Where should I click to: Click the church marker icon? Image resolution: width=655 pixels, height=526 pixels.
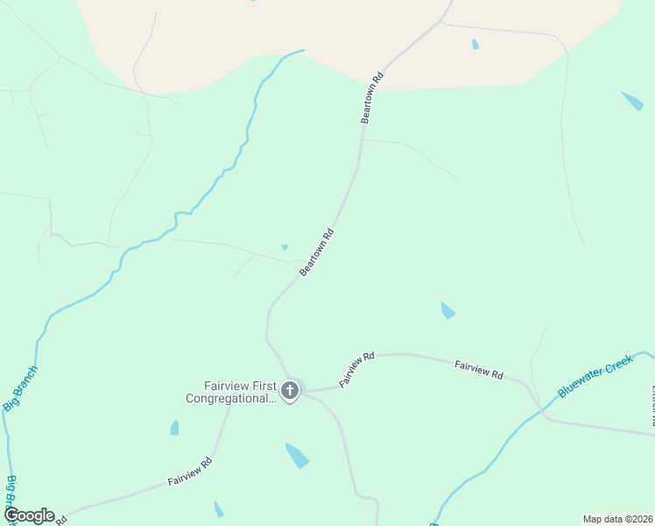290,391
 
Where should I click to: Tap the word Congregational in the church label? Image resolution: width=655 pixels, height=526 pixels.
230,398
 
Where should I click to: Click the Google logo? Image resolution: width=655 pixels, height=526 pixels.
28,515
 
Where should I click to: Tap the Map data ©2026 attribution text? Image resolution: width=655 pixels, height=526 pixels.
617,519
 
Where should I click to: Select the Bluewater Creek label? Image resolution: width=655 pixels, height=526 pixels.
595,376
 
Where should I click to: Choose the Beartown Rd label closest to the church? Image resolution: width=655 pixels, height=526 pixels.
317,253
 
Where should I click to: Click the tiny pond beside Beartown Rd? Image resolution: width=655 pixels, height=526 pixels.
285,247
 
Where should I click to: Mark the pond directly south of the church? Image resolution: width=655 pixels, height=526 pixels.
297,455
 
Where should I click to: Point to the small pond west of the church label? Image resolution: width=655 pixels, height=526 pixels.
174,428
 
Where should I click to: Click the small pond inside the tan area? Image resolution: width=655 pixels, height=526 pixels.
475,44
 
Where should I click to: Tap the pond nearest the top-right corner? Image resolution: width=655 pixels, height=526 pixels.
632,100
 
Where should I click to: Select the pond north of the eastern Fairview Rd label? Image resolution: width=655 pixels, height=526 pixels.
447,310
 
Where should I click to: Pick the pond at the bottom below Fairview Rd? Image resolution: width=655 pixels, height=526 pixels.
218,509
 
